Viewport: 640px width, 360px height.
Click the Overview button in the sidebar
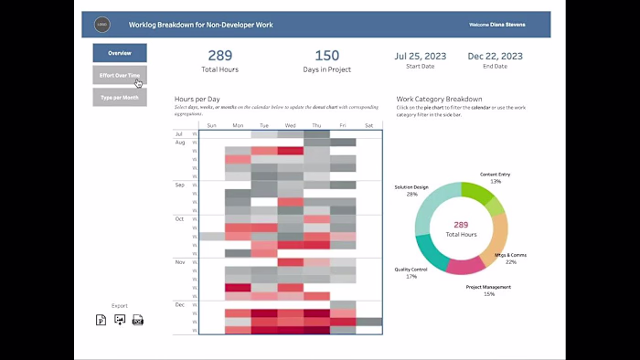point(120,53)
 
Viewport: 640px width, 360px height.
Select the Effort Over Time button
point(120,75)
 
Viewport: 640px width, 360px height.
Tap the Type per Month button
point(120,97)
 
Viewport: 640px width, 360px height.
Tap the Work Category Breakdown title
point(439,99)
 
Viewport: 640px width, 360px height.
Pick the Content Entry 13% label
point(496,177)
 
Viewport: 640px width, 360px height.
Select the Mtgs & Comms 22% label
point(510,259)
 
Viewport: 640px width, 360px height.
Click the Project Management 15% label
point(489,290)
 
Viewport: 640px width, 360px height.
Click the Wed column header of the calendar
point(291,125)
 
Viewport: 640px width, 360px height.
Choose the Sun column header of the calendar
point(212,125)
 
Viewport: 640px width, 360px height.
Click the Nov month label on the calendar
point(179,260)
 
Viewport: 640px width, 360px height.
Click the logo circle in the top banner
point(102,25)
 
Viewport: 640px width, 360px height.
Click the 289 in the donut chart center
point(461,225)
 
